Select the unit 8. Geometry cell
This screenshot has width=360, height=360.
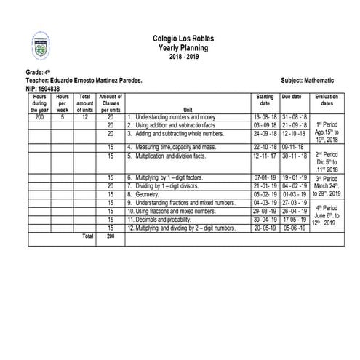(x=143, y=194)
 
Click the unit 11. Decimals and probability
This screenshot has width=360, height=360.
(x=165, y=219)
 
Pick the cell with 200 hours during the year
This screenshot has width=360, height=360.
(x=39, y=116)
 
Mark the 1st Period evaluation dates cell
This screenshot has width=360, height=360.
(x=327, y=133)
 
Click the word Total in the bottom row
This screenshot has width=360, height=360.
(x=87, y=236)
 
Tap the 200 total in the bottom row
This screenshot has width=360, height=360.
(x=111, y=236)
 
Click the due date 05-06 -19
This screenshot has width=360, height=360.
(x=295, y=228)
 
